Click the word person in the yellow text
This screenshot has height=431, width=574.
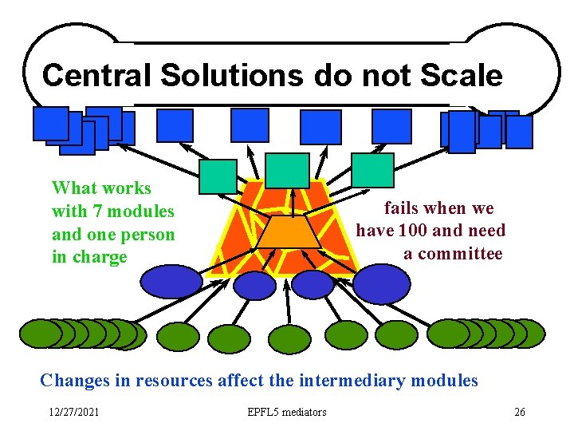point(143,235)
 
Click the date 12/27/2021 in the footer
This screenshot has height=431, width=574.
point(74,413)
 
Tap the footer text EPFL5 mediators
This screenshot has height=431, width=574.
point(287,413)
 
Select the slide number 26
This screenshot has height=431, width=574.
point(520,413)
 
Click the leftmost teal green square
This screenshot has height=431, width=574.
point(218,176)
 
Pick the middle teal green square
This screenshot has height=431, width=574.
point(287,170)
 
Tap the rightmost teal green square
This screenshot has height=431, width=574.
point(372,170)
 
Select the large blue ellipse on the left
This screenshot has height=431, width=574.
point(171,282)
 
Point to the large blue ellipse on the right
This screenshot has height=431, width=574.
point(381,283)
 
